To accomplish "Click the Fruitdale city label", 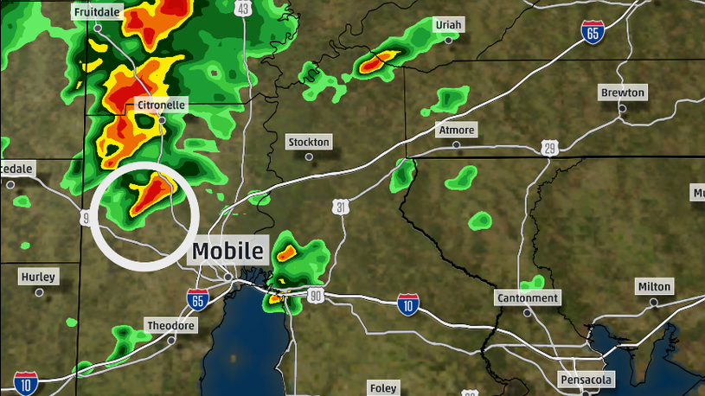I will click(97, 14).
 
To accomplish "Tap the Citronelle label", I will click(161, 105).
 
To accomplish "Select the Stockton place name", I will click(309, 142).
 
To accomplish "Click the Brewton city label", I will click(623, 93).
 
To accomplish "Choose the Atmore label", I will click(457, 131).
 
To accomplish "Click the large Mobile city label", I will click(228, 252).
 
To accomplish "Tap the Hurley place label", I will click(38, 278).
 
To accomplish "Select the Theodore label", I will click(170, 326).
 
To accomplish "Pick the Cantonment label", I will click(528, 298).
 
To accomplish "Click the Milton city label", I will click(654, 286).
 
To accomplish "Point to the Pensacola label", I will click(586, 380).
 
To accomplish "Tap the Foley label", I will click(383, 388).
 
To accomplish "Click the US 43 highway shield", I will click(243, 9).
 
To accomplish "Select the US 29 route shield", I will click(550, 149).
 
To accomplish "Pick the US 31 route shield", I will click(342, 207).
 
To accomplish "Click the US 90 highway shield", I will click(315, 297).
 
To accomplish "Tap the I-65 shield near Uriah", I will click(592, 33).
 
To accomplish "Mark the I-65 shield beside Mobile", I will click(197, 300).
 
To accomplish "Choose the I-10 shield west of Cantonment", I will click(408, 303).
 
